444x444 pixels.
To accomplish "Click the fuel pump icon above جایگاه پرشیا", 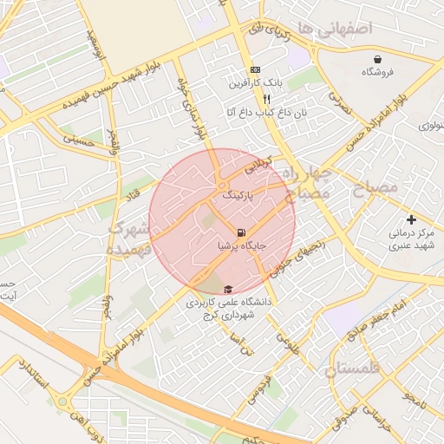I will [x=240, y=232].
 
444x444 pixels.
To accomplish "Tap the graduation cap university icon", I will [x=228, y=290].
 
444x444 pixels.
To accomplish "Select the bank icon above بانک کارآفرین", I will [x=254, y=69].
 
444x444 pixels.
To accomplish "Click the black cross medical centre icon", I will [x=411, y=219].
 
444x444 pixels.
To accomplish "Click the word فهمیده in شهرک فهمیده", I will [x=130, y=249].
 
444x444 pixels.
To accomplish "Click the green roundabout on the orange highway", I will [x=62, y=402].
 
